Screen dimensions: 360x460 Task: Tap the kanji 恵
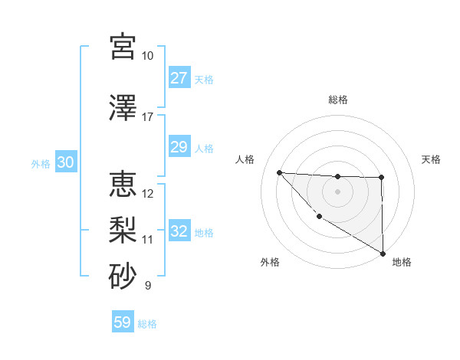pos(123,184)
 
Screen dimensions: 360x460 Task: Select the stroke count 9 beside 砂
pos(147,286)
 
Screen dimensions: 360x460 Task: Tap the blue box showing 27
pos(179,78)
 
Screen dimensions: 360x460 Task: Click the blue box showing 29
pos(179,148)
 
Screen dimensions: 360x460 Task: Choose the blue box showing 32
pos(179,231)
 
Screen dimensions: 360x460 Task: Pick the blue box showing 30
pos(65,163)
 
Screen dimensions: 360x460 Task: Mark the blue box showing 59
pos(123,323)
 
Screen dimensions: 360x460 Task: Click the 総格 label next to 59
pos(148,324)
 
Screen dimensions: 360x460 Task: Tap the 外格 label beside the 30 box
pos(41,164)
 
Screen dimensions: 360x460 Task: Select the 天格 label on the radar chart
pos(431,159)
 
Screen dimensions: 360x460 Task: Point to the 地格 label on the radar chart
pos(402,262)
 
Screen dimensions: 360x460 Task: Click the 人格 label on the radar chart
pos(245,159)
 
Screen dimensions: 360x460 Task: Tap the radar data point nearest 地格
pos(383,254)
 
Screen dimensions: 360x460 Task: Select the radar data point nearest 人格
pos(279,172)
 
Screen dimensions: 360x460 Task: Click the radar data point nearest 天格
pos(381,178)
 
